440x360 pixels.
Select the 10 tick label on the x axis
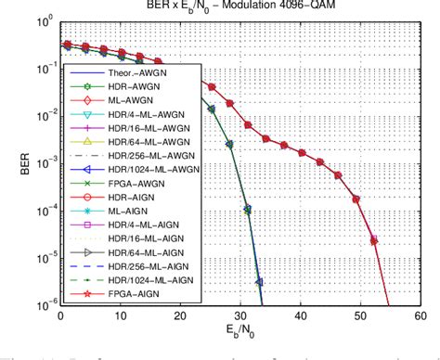tap(120, 316)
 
